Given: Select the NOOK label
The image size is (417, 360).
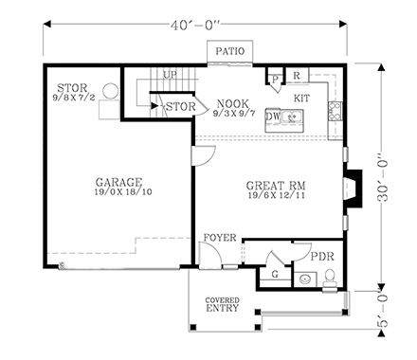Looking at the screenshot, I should point(232,103).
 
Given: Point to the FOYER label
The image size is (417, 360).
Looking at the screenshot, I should point(218,238).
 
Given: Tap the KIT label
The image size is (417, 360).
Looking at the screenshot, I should point(302,98).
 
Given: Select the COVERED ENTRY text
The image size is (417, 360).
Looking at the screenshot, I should point(223,305).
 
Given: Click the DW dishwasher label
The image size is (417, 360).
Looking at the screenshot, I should point(273,117).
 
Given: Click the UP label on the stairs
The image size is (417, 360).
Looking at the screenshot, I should point(170,74).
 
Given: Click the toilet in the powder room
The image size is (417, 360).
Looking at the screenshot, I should point(329,277).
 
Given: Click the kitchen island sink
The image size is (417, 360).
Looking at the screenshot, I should point(293,117).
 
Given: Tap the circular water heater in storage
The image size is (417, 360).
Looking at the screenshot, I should point(110,93).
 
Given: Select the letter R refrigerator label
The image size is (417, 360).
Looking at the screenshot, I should point(296,75).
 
